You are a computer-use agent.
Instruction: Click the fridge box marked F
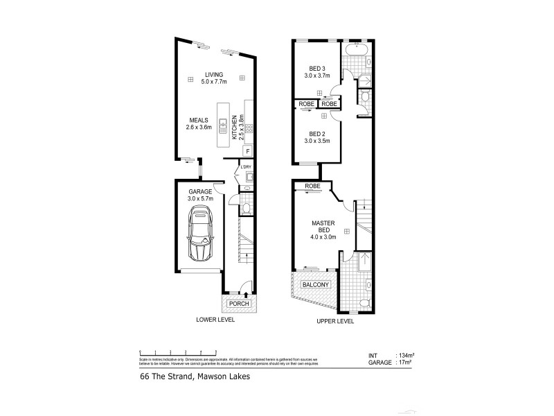point(247,151)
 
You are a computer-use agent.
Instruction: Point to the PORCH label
point(239,304)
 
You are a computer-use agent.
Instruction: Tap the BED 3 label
point(316,68)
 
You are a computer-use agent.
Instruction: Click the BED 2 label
point(316,134)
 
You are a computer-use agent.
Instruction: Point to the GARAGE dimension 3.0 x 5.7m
point(200,199)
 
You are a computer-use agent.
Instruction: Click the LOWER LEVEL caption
point(215,321)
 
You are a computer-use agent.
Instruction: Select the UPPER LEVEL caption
point(334,321)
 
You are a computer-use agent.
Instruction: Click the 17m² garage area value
point(405,361)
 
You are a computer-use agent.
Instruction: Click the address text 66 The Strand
point(163,378)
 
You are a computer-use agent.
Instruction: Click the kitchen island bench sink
point(224,125)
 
